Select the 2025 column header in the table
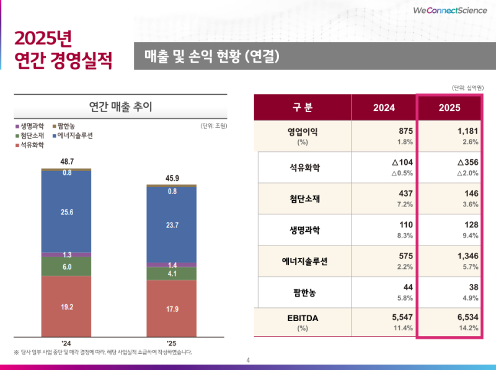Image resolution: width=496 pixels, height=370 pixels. pyautogui.click(x=449, y=107)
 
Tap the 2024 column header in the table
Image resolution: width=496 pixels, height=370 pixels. pyautogui.click(x=384, y=107)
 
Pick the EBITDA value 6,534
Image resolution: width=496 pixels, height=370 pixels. pyautogui.click(x=466, y=317)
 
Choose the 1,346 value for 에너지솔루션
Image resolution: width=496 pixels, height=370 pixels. pyautogui.click(x=466, y=255)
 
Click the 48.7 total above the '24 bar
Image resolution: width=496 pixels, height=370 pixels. pyautogui.click(x=66, y=161)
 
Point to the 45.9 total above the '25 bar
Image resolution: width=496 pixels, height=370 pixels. pyautogui.click(x=172, y=178)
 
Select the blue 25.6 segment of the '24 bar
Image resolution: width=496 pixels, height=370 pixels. pyautogui.click(x=66, y=211)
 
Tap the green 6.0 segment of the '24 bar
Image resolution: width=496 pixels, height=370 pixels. pyautogui.click(x=66, y=266)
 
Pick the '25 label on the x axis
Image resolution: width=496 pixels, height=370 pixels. pyautogui.click(x=172, y=343)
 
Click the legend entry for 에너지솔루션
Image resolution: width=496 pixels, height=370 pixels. pyautogui.click(x=74, y=135)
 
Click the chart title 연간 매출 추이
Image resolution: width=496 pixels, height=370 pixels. pyautogui.click(x=121, y=107)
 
